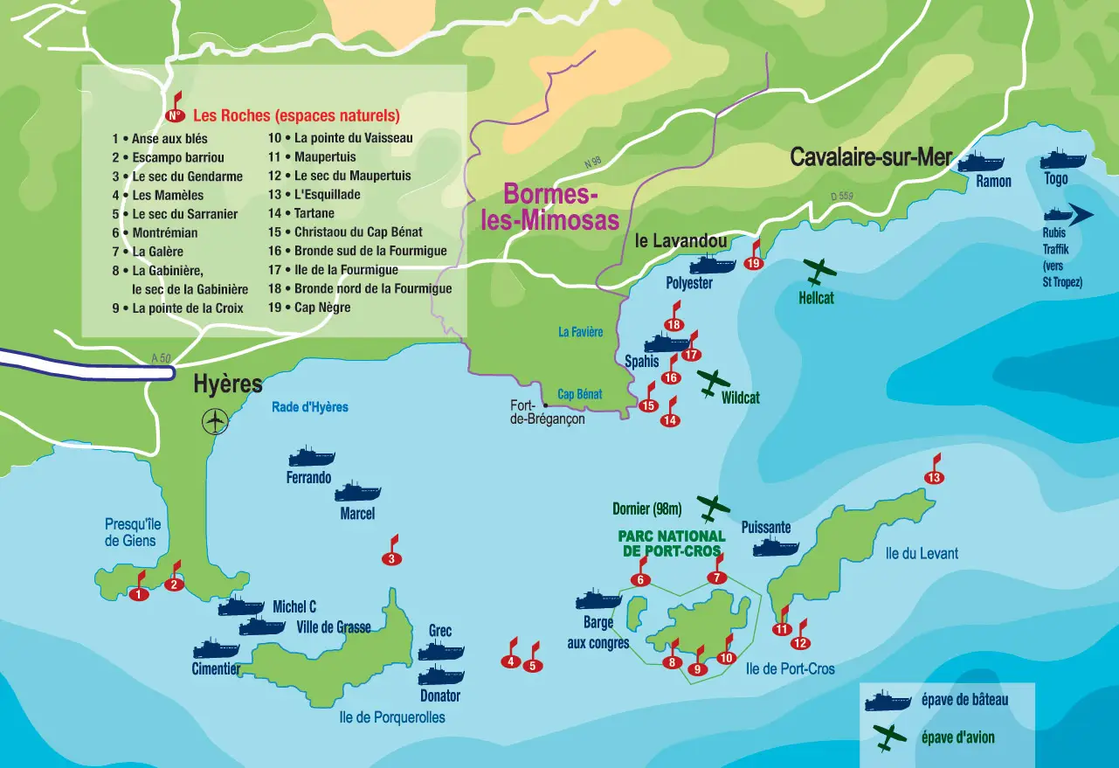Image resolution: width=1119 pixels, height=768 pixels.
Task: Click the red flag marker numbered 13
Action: (934, 477)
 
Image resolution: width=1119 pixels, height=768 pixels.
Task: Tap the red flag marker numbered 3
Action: (392, 558)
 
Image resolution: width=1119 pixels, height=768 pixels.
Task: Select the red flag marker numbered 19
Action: (754, 263)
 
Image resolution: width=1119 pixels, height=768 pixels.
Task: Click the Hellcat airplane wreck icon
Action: (819, 272)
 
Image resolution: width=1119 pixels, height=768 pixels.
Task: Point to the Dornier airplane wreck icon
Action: (714, 507)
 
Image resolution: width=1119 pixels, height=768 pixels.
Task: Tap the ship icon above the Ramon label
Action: (981, 163)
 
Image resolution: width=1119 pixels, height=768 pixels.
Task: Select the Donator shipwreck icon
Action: (441, 675)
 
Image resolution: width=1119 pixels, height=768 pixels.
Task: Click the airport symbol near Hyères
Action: (214, 422)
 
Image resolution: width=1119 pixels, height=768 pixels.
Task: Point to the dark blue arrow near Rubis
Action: (1080, 214)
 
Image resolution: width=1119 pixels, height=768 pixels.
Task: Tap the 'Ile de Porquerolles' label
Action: (392, 717)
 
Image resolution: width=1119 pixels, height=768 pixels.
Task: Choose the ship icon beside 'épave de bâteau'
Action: (888, 701)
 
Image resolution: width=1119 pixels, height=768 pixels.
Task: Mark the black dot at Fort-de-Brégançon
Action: (546, 405)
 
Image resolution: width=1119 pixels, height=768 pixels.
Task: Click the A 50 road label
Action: (159, 358)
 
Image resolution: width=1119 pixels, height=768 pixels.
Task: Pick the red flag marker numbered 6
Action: (640, 579)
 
